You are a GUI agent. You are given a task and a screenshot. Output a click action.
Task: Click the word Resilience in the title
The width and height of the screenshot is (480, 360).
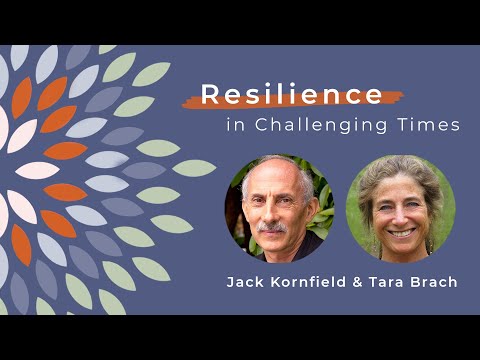coord(292,95)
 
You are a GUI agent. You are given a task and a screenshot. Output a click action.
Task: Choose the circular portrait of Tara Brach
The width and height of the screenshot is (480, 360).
coord(400,208)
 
